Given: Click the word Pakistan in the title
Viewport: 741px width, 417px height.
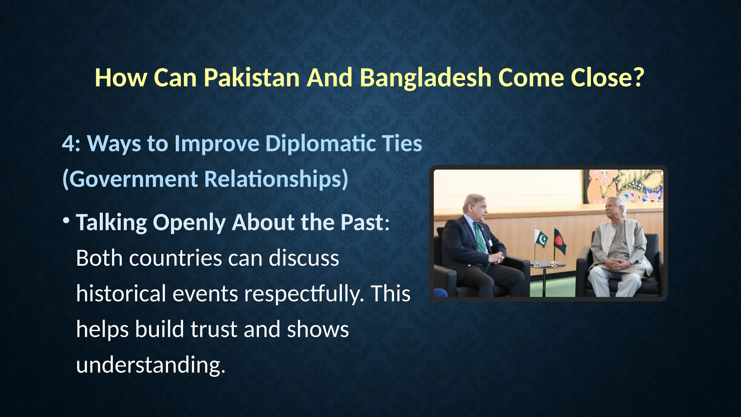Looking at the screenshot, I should pos(251,77).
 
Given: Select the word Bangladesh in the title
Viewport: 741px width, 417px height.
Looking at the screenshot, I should pos(425,77).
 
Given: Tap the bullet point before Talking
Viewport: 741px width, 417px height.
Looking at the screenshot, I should pos(66,220).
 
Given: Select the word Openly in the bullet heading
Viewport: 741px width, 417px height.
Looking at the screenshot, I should pos(189,222).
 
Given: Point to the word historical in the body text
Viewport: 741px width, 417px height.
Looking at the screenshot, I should pos(121,293).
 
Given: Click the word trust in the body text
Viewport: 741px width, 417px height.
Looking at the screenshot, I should pos(214,329).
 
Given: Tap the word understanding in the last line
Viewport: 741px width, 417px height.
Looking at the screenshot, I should pos(150,365).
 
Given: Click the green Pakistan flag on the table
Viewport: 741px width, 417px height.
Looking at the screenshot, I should pos(542,240).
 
